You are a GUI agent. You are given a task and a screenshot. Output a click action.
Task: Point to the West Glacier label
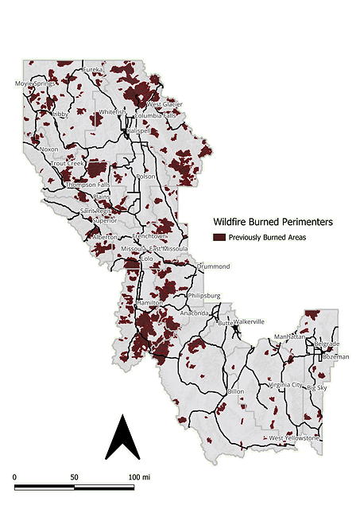165,104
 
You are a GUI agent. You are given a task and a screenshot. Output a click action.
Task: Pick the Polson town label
145,176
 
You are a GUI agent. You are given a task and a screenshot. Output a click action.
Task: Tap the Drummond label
212,266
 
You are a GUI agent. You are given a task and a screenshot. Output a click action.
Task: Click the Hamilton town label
150,303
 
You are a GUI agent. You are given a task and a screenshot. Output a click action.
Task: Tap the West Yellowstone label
294,438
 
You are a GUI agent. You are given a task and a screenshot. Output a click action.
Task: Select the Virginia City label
287,385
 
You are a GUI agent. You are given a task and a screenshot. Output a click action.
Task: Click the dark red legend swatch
219,237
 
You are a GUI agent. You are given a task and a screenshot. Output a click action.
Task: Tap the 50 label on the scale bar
74,476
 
